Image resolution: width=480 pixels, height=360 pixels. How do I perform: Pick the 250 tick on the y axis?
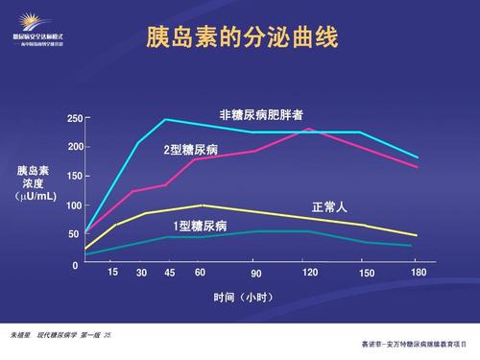(x=75, y=119)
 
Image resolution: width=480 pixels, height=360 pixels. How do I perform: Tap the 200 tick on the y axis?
(x=75, y=148)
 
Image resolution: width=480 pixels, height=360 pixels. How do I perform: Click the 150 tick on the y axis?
(x=75, y=177)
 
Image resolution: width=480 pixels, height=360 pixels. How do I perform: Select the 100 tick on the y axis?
(x=75, y=205)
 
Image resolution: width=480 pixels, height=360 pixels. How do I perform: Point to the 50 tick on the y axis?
(x=73, y=234)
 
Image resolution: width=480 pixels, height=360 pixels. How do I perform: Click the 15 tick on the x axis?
(x=112, y=273)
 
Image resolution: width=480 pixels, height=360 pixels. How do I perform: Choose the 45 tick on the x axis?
(x=170, y=274)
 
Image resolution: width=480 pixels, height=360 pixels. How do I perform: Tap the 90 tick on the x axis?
(x=256, y=275)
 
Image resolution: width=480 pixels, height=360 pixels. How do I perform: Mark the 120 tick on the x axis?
(x=310, y=274)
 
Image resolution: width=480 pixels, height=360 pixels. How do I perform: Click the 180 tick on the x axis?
(x=418, y=274)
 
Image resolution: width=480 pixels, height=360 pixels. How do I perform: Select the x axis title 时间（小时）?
(x=241, y=297)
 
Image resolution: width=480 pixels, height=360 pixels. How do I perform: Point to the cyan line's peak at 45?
(x=165, y=120)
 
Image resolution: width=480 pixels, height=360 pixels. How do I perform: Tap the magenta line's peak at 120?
(x=308, y=129)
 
